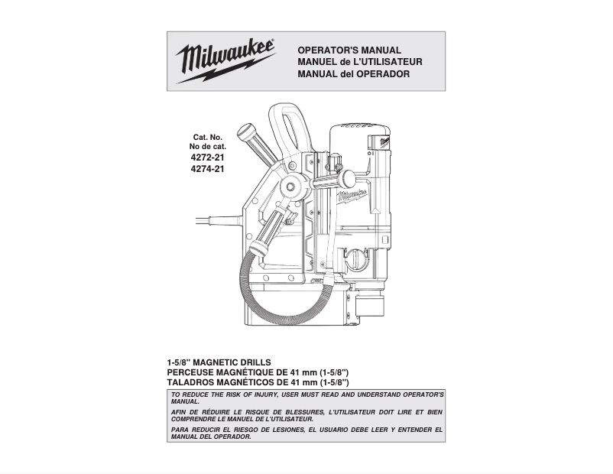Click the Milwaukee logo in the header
(x=225, y=60)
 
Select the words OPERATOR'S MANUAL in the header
(x=349, y=50)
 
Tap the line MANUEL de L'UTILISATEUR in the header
(x=359, y=62)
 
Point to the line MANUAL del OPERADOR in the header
(x=353, y=74)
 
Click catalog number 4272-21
(x=207, y=157)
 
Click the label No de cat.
(x=207, y=147)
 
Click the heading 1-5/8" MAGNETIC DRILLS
(x=219, y=362)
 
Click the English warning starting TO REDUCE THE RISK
(x=306, y=398)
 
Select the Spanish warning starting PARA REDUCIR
(x=306, y=433)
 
